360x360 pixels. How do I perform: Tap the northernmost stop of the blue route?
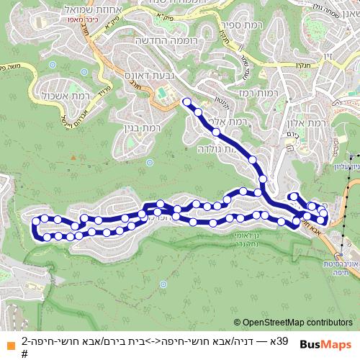187,102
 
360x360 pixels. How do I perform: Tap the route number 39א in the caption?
282,341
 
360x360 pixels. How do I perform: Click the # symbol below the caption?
24,354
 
